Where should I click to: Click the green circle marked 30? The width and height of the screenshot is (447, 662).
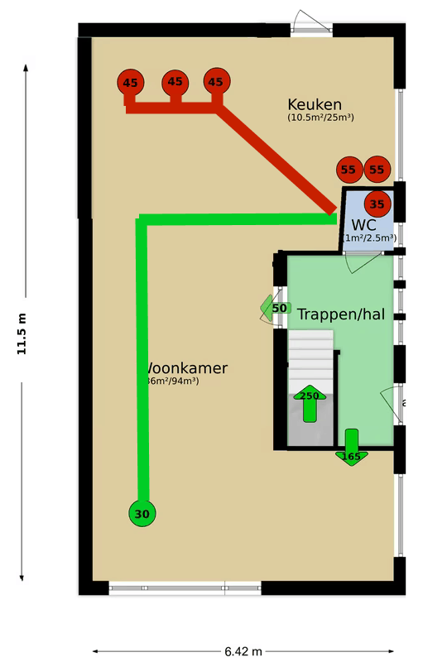(142, 514)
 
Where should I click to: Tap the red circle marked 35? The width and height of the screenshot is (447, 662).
(377, 204)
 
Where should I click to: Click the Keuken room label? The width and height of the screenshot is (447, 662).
(315, 104)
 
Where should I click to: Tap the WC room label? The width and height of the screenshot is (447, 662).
(364, 225)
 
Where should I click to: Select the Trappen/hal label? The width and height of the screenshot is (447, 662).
(340, 314)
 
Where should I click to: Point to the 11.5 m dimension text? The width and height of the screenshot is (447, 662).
(22, 333)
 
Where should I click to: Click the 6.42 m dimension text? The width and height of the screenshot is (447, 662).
(243, 650)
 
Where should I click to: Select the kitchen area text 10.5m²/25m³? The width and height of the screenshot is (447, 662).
(321, 118)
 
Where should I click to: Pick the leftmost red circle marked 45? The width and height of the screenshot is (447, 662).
(130, 83)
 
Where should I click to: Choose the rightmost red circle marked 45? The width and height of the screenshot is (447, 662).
(216, 82)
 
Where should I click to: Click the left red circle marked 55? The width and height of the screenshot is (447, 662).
(348, 170)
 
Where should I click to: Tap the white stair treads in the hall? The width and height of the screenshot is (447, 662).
(310, 356)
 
